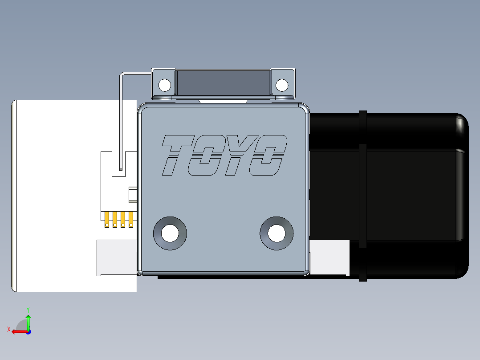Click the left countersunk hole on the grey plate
coord(170,233)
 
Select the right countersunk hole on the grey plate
coord(277,233)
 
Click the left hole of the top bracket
coord(165,84)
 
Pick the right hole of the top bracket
coord(282,84)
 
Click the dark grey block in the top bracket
coord(223,83)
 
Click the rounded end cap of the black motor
coord(461,196)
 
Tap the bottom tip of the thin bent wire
coord(121,169)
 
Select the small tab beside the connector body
coord(133,195)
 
